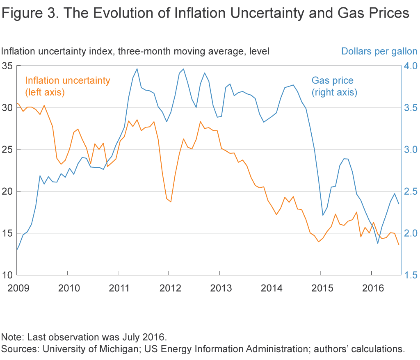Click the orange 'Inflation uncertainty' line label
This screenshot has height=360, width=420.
click(68, 86)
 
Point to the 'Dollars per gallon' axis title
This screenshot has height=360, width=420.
click(379, 52)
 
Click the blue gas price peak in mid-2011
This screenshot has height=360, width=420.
click(137, 69)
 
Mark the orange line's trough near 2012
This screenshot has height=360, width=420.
click(171, 202)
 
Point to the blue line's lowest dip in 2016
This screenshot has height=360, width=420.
click(377, 244)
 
